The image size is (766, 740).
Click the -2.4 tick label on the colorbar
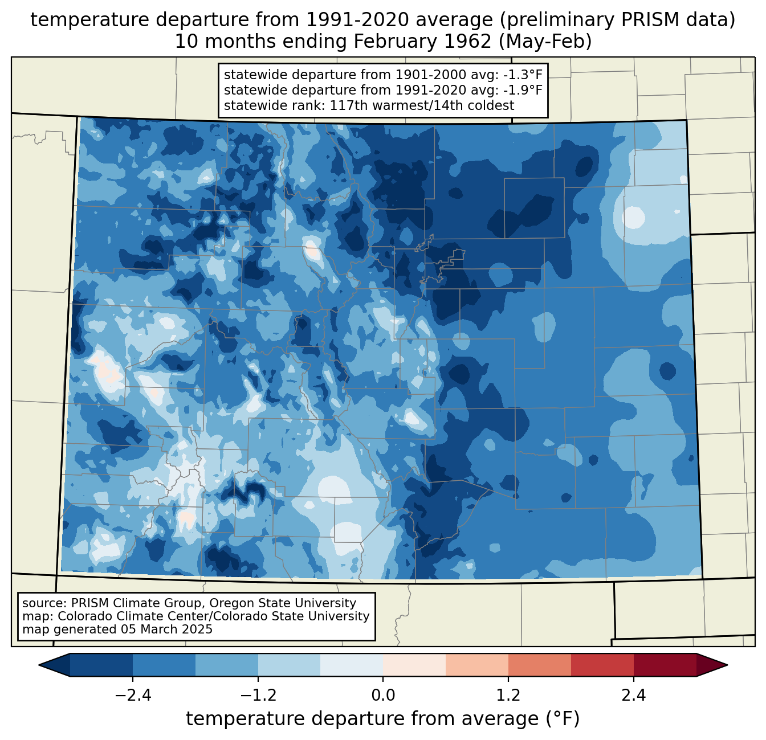click(133, 696)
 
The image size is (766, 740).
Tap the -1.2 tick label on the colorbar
click(258, 696)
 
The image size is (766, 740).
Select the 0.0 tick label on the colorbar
click(383, 696)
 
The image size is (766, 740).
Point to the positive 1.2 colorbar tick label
click(508, 696)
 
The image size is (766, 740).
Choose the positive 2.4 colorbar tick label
click(633, 696)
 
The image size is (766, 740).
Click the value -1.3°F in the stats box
click(520, 75)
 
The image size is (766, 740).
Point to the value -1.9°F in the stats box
click(520, 90)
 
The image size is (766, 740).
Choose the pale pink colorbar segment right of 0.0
click(414, 665)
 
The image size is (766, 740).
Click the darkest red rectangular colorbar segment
click(665, 665)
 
